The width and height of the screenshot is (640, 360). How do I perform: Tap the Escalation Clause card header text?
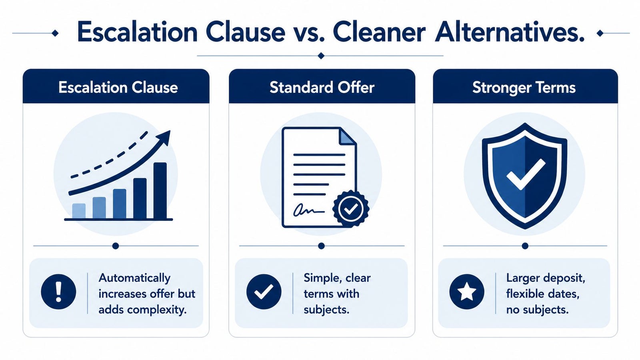pos(118,87)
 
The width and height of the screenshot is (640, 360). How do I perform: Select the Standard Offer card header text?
pos(322,87)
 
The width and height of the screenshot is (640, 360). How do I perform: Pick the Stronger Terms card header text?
pos(524,88)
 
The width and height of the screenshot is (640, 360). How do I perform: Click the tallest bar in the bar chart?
pos(160,190)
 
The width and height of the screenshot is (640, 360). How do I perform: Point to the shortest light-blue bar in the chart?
pos(79,211)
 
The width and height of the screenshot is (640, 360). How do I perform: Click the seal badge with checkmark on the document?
pos(351,208)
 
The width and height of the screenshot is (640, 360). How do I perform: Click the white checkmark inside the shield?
pos(526,174)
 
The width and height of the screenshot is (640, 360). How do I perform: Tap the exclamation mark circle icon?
pos(58,292)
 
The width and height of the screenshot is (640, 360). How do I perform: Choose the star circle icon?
pos(466,292)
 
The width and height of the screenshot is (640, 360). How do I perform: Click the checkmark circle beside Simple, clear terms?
pos(264,292)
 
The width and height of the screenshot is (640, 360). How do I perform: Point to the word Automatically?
pos(134,278)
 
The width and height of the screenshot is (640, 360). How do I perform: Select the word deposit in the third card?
pos(560,278)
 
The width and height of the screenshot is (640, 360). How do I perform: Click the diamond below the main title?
pos(321,56)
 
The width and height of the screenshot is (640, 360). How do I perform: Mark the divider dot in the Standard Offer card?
pos(322,246)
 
